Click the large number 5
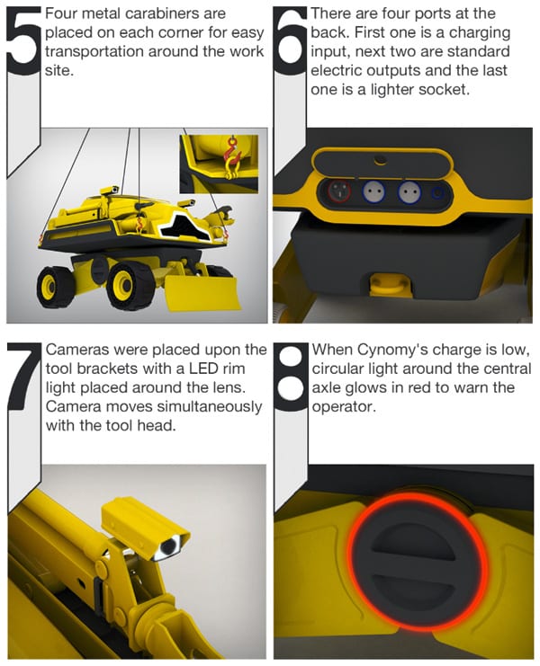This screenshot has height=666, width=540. pyautogui.click(x=23, y=40)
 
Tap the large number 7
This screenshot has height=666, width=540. pyautogui.click(x=24, y=376)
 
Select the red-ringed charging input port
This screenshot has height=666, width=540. pyautogui.click(x=339, y=191)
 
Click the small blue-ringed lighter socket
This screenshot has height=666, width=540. pyautogui.click(x=437, y=193)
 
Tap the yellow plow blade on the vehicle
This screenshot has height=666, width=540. pyautogui.click(x=201, y=293)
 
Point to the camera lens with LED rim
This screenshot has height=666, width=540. pyautogui.click(x=168, y=547)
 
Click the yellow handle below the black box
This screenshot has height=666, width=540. pyautogui.click(x=390, y=284)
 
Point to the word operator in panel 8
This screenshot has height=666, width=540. pyautogui.click(x=344, y=407)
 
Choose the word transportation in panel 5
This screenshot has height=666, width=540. pyautogui.click(x=94, y=52)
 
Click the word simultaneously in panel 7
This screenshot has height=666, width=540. pyautogui.click(x=209, y=406)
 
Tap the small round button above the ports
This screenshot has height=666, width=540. pyautogui.click(x=380, y=160)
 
